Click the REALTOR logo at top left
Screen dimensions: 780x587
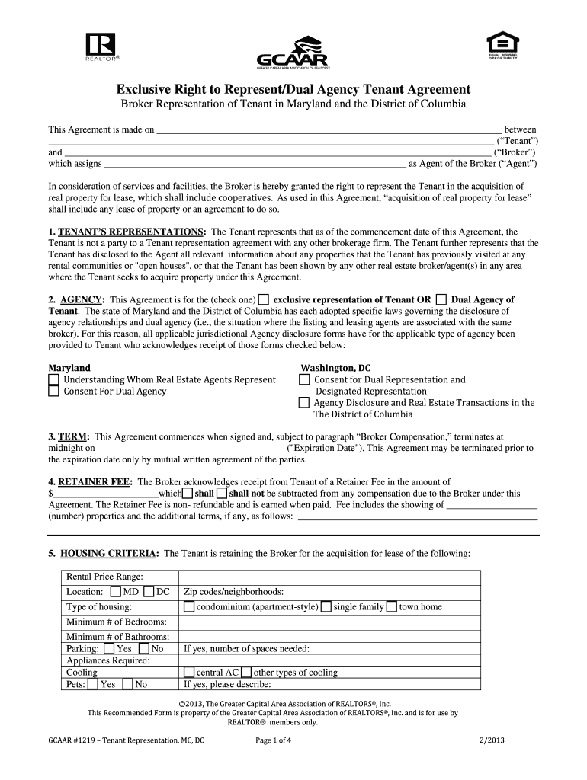click(x=101, y=48)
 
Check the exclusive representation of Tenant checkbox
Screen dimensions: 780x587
click(x=264, y=299)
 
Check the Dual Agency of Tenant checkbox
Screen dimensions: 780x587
click(x=441, y=299)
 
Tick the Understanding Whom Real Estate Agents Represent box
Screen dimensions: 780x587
click(x=54, y=379)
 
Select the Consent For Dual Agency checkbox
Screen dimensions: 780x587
click(x=54, y=392)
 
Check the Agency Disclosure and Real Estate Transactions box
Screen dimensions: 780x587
click(x=304, y=403)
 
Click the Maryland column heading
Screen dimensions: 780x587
click(x=69, y=367)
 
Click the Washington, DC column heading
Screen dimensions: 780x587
click(x=335, y=367)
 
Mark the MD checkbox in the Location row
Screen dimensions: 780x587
click(x=115, y=592)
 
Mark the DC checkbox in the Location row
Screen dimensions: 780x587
click(x=149, y=592)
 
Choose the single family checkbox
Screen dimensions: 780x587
click(x=326, y=607)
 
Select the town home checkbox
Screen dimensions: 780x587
click(x=391, y=607)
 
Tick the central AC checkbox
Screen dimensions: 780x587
click(x=189, y=673)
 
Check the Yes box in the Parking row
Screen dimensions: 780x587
click(x=108, y=649)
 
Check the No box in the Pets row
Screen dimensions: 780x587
click(x=127, y=684)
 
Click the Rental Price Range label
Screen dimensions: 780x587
click(x=104, y=577)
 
